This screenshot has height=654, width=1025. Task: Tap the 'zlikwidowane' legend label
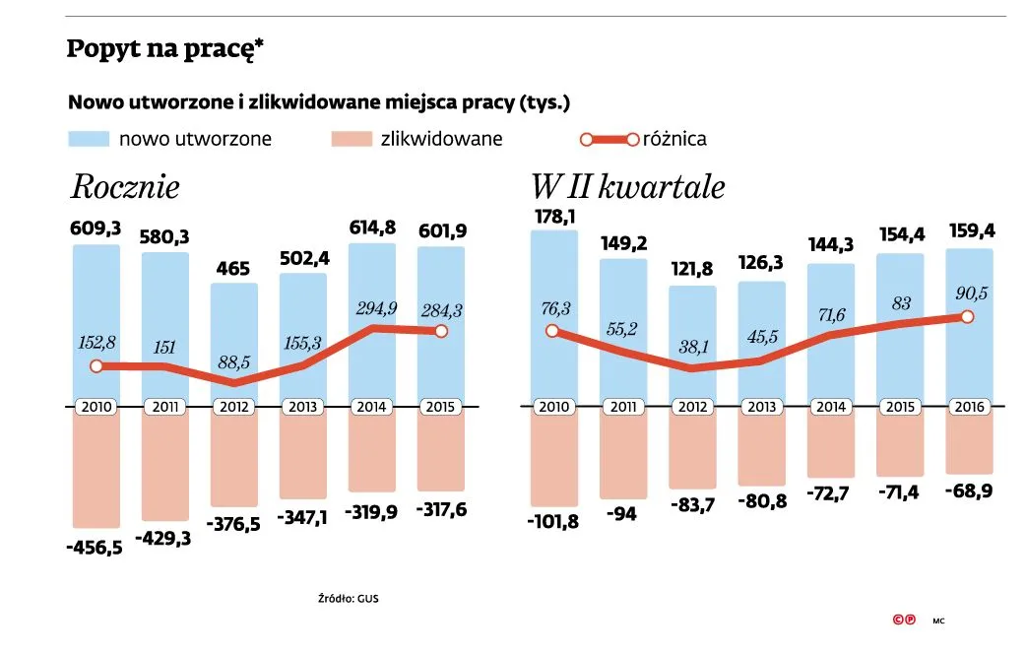(x=441, y=139)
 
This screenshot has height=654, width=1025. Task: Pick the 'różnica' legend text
(x=674, y=139)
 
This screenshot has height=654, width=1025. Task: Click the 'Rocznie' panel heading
(x=125, y=187)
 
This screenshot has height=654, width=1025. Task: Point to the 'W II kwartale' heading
(x=627, y=187)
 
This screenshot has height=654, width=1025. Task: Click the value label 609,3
(x=96, y=229)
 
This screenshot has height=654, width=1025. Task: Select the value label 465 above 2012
(x=234, y=268)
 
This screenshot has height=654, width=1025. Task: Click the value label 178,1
(x=552, y=216)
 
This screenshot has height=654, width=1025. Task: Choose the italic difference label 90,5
(x=967, y=294)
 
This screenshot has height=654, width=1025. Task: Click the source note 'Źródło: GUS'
(x=348, y=598)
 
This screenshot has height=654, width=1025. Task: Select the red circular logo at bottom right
(x=904, y=621)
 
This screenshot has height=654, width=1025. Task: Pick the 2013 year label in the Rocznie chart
(x=303, y=407)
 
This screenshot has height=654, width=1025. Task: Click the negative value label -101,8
(x=552, y=521)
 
